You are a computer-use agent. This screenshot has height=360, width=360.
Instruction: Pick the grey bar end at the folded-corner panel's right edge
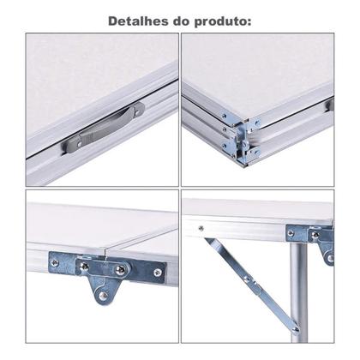click(329, 105)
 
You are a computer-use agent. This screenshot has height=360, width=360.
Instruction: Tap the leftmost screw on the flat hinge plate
click(55, 263)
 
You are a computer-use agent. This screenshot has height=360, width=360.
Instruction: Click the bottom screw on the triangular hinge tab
click(104, 296)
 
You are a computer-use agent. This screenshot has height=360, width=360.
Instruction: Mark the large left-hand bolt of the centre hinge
click(84, 267)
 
